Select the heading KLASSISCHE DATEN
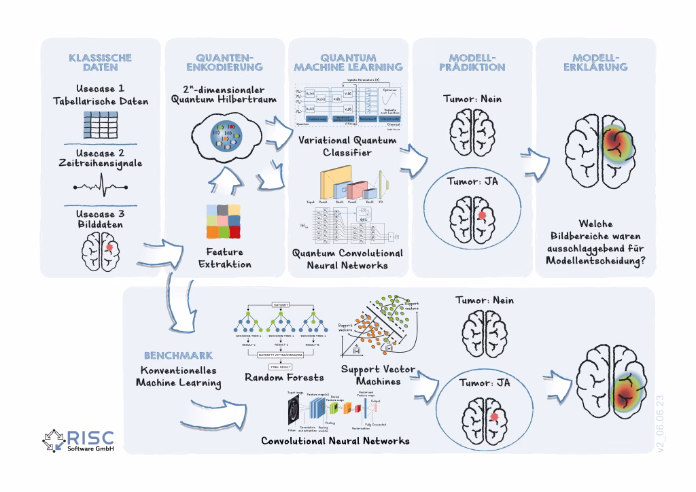pos(100,63)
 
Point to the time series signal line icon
pos(100,188)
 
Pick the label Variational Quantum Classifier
pos(347,147)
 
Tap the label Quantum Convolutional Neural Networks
pos(347,259)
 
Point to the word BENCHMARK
pos(178,355)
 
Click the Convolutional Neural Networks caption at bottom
pos(335,440)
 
